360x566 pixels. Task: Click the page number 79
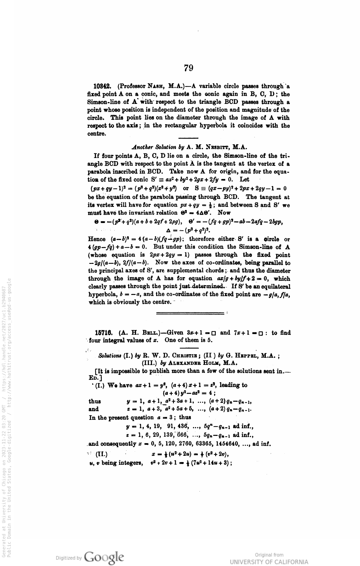pyautogui.click(x=189, y=68)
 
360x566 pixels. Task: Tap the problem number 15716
pyautogui.click(x=103, y=333)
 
